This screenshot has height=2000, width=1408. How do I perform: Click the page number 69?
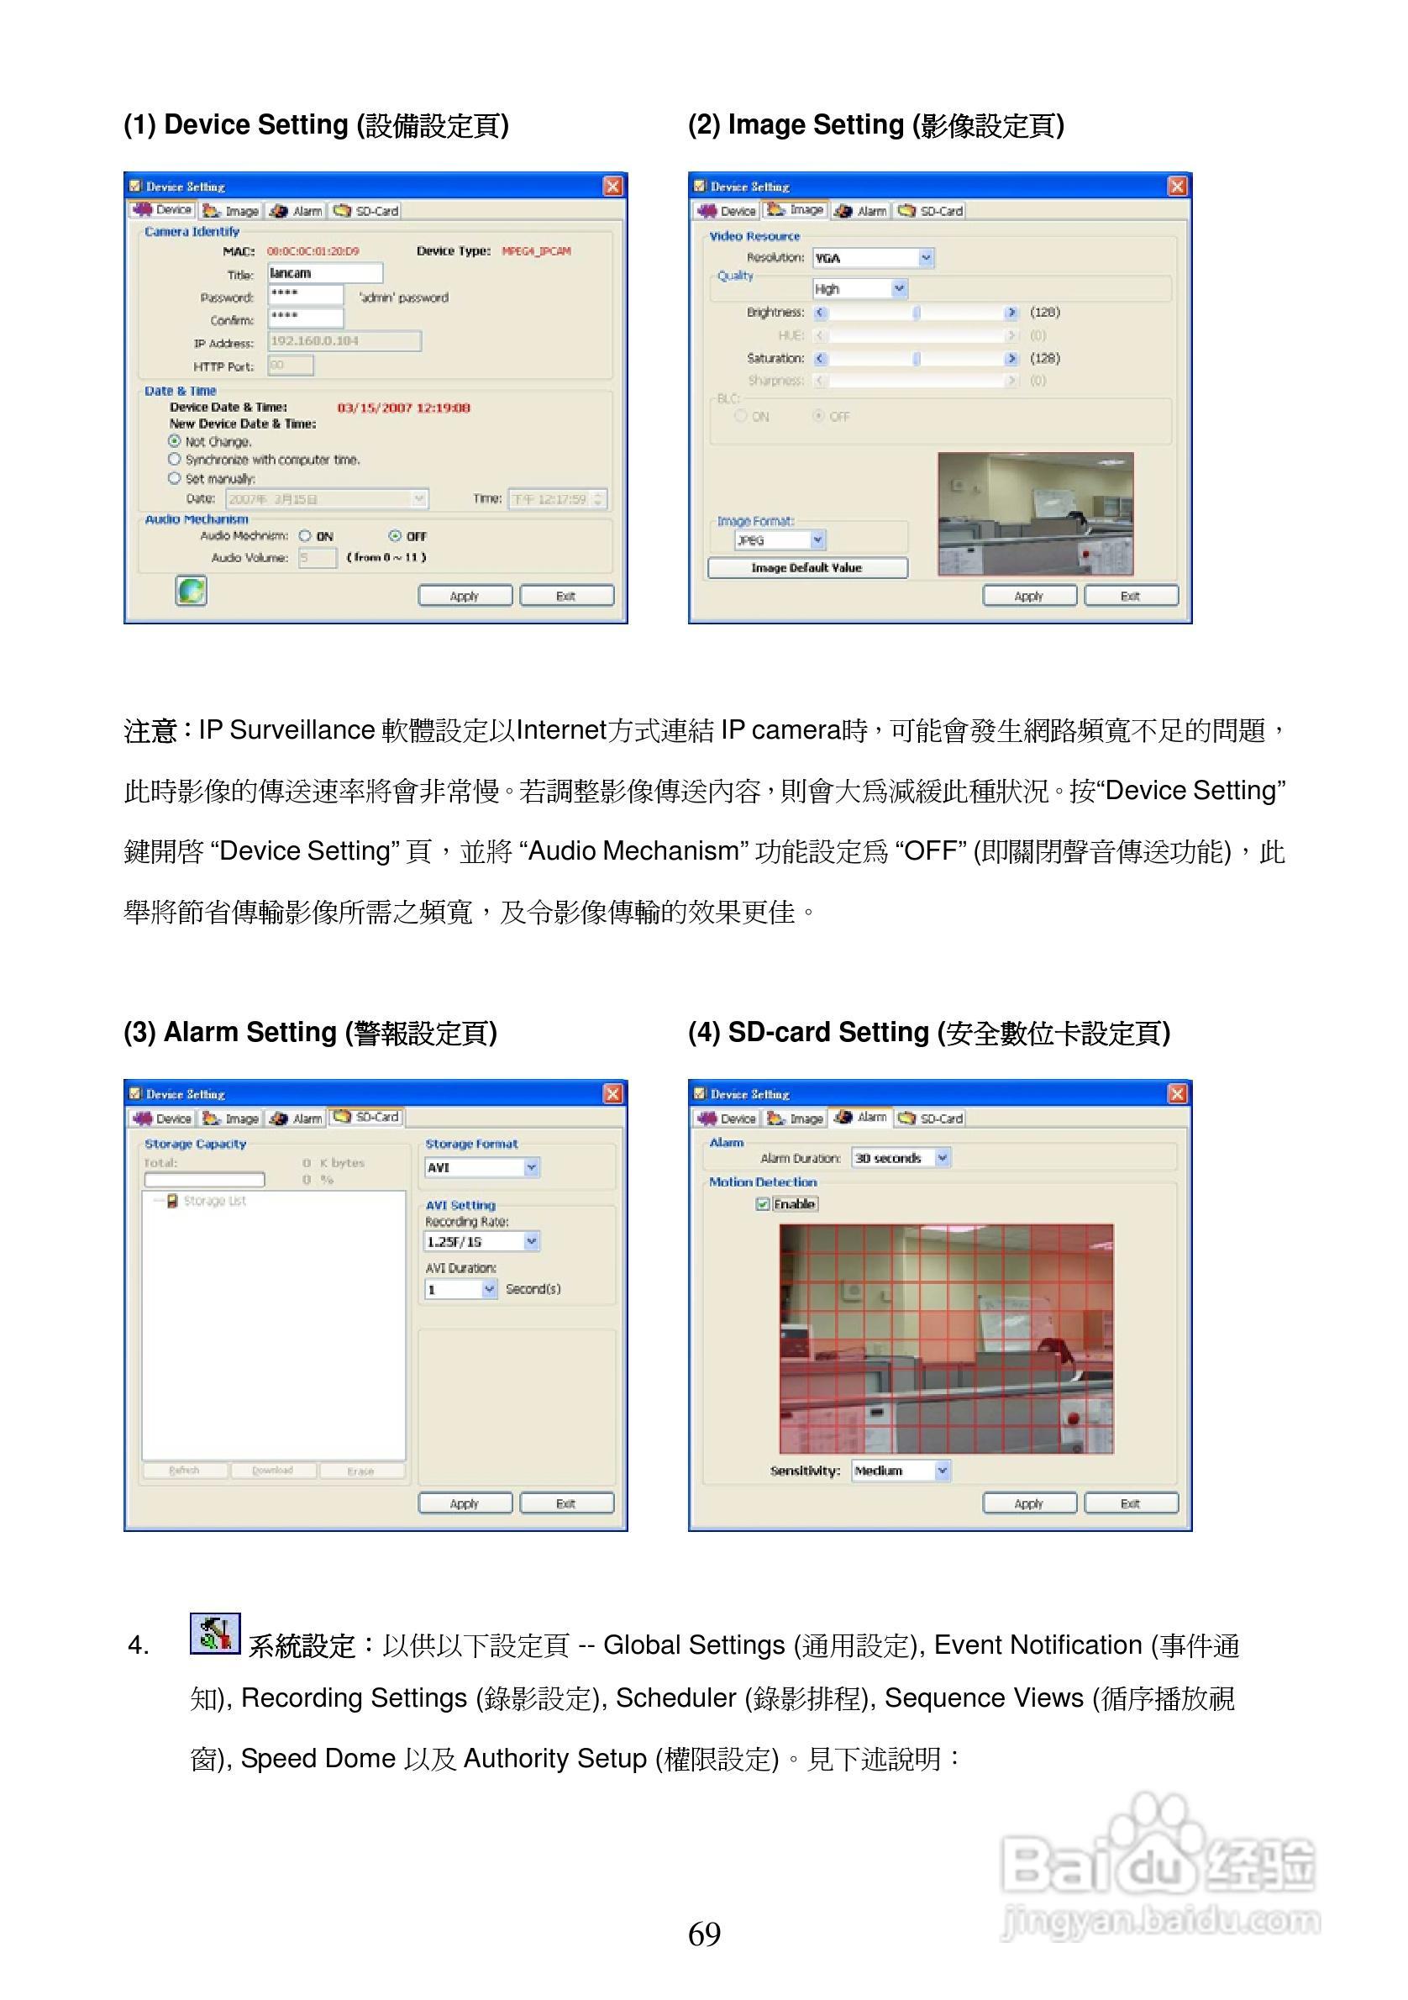703,1934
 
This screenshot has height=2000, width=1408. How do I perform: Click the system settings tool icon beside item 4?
214,1634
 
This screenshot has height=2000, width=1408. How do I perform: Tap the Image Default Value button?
806,568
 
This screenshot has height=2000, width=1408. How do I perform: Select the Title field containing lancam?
324,273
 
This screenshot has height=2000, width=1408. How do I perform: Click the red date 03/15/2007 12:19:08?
403,408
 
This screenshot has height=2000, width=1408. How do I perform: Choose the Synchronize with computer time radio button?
174,459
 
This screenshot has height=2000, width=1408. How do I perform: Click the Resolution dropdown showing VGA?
873,258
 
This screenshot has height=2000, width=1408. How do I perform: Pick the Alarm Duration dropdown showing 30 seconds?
901,1158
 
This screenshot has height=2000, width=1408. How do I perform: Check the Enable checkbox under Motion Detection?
763,1204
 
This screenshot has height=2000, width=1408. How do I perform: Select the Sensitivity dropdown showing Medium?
901,1471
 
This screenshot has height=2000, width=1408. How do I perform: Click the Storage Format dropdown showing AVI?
481,1167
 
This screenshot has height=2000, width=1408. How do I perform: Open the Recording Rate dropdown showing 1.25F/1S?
481,1241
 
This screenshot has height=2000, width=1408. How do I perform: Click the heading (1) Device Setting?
316,125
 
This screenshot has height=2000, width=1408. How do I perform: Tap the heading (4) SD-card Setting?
928,1032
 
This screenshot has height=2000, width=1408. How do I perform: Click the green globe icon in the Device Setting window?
191,591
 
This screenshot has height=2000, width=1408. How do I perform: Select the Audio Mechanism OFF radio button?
396,536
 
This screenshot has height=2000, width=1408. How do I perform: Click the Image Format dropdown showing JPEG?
780,541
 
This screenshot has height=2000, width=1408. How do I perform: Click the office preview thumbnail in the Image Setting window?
1035,514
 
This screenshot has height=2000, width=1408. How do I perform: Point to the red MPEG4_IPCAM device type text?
535,251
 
